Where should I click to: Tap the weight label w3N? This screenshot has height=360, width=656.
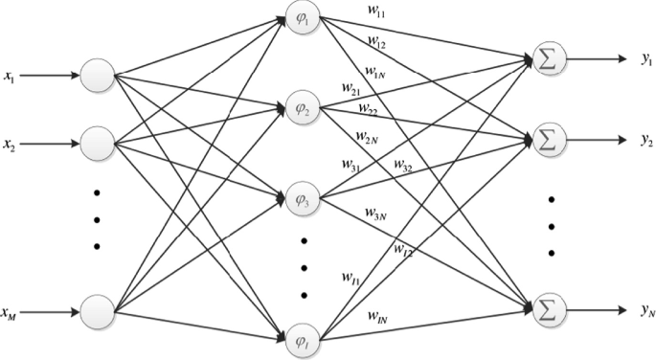(376, 211)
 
